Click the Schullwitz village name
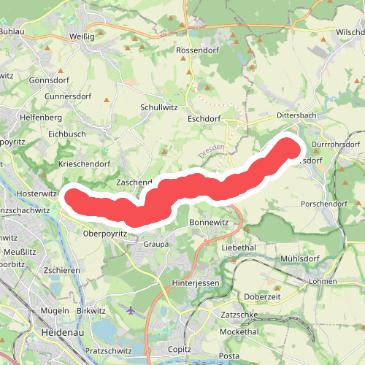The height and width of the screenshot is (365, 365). pyautogui.click(x=158, y=107)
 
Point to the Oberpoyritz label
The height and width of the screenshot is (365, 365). pyautogui.click(x=106, y=234)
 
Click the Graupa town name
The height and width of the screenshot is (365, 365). pyautogui.click(x=156, y=245)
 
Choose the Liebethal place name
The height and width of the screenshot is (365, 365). pyautogui.click(x=238, y=248)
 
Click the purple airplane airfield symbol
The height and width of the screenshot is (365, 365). pyautogui.click(x=131, y=310)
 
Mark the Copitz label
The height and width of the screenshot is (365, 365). pyautogui.click(x=180, y=350)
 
